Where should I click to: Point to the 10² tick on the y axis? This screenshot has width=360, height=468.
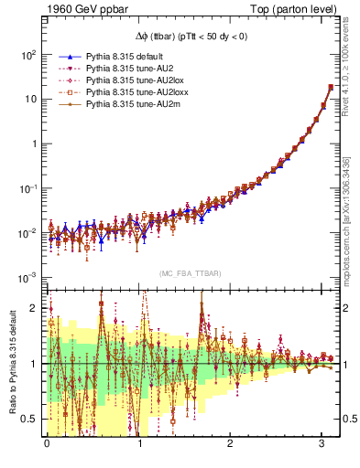click(x=28, y=54)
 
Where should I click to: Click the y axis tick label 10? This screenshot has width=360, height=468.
click(x=30, y=99)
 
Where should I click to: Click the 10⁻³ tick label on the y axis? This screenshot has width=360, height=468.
click(x=27, y=277)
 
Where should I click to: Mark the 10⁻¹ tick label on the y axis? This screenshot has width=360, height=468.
click(x=27, y=188)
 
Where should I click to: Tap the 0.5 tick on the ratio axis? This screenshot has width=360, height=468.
click(x=31, y=419)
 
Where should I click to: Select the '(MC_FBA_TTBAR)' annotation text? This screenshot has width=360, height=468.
click(x=191, y=274)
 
